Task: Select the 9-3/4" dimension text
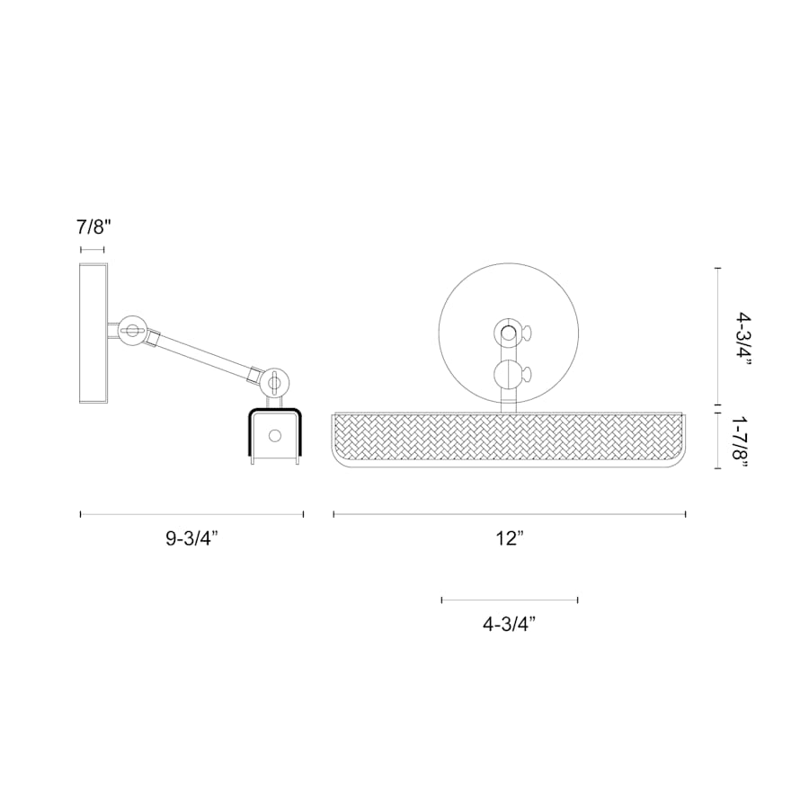(x=192, y=539)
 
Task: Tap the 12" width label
(x=509, y=539)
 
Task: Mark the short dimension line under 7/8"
(x=93, y=249)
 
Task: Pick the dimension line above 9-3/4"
(x=192, y=514)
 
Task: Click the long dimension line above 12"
(x=509, y=514)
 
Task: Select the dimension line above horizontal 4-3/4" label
(x=509, y=600)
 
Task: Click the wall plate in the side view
(x=93, y=333)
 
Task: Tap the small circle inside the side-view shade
(x=274, y=436)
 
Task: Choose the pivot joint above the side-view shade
(x=274, y=382)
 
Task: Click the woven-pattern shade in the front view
(x=509, y=439)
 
